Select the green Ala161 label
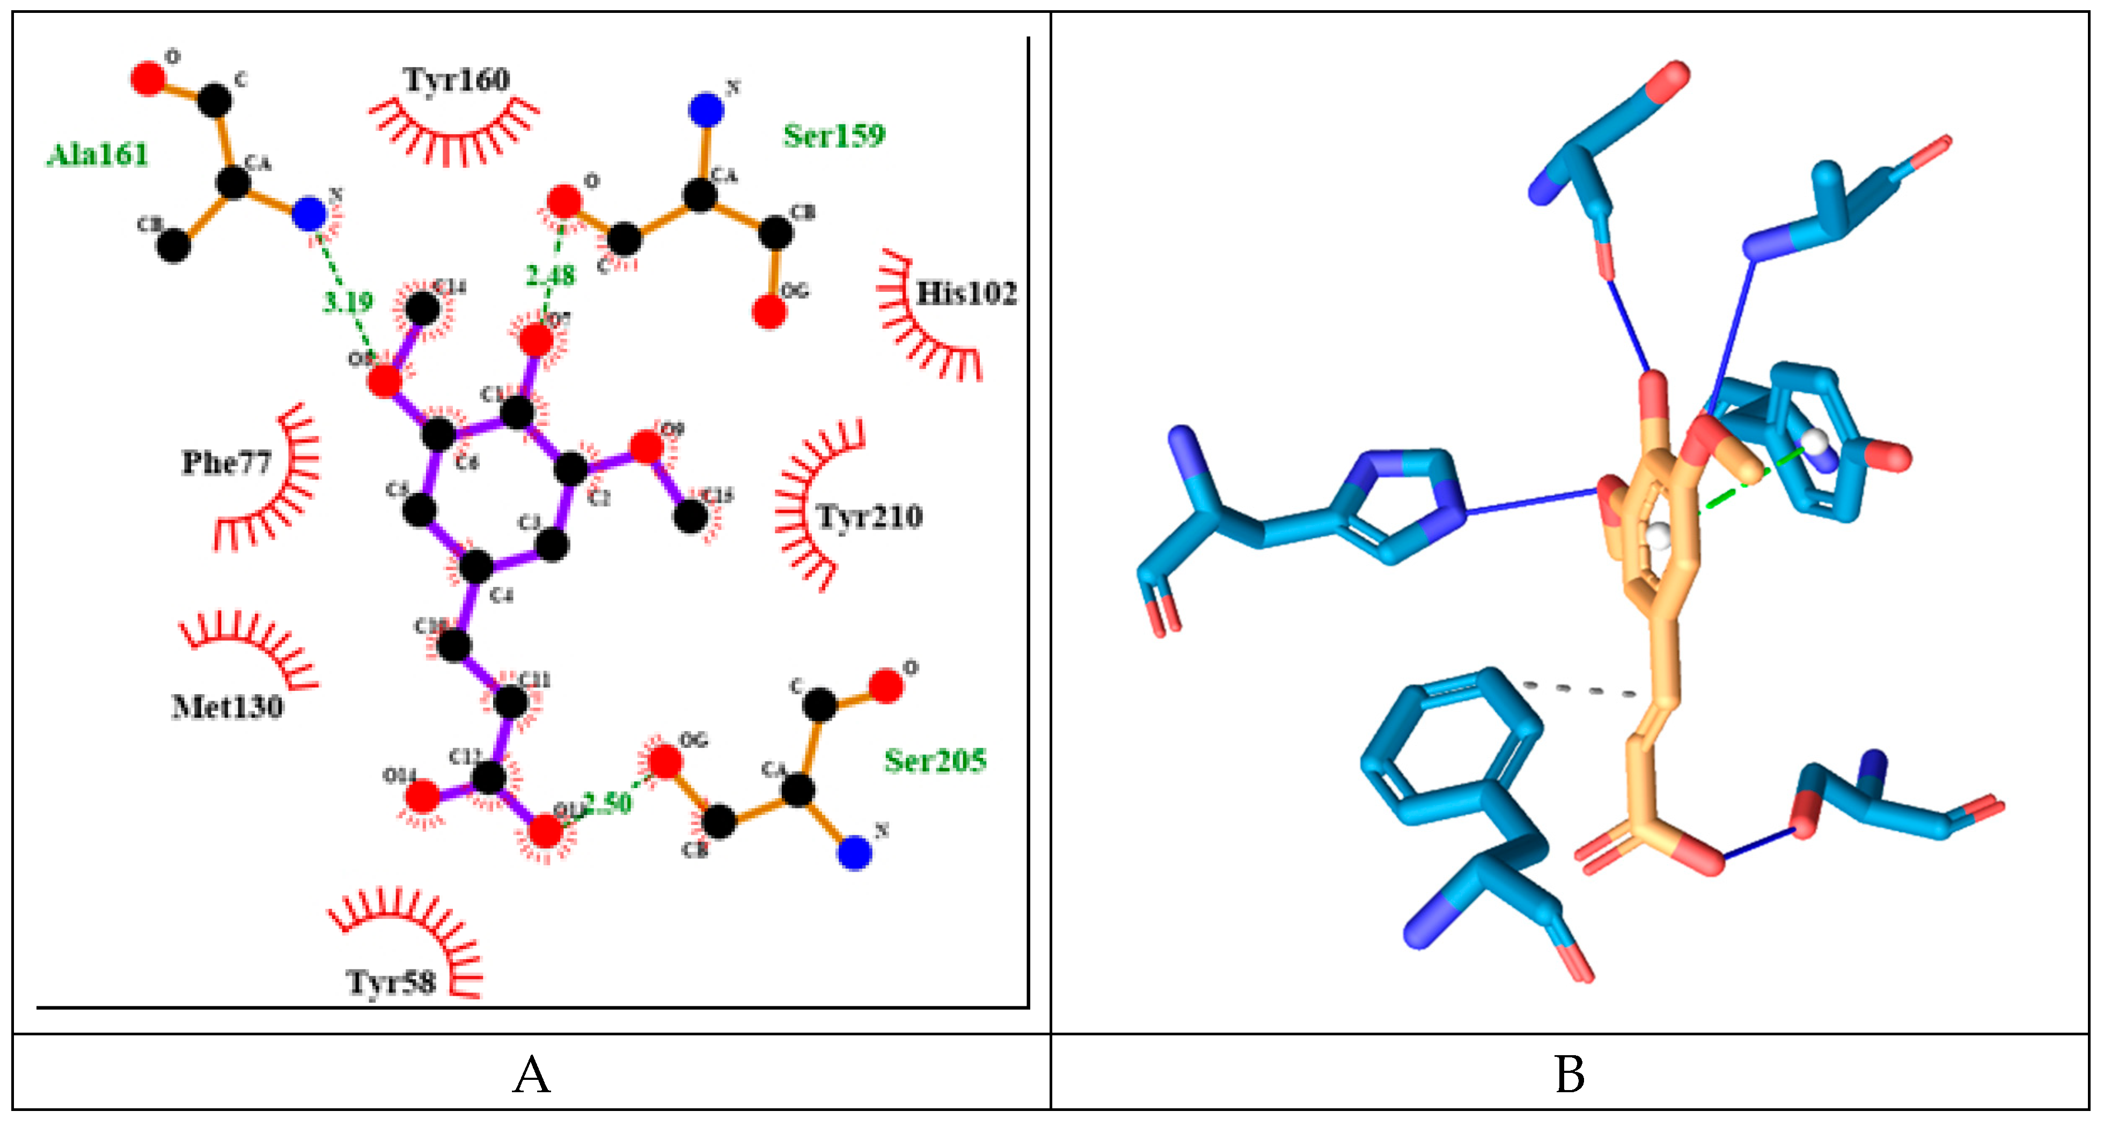98,154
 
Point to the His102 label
967,293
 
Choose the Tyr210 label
870,516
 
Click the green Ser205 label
935,761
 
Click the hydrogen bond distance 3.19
348,302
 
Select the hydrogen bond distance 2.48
551,276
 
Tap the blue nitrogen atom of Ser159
706,109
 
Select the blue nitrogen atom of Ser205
854,853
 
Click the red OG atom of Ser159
768,312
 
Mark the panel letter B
1569,1075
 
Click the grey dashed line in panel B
1580,690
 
